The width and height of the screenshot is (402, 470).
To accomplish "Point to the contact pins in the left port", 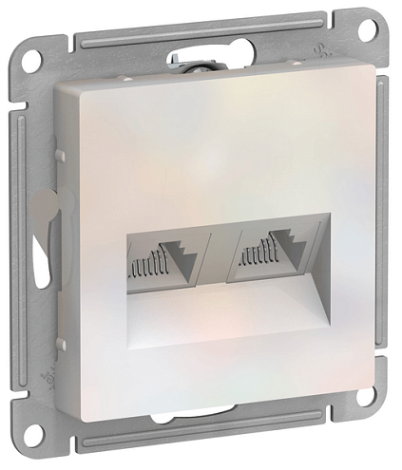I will (x=143, y=268).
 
